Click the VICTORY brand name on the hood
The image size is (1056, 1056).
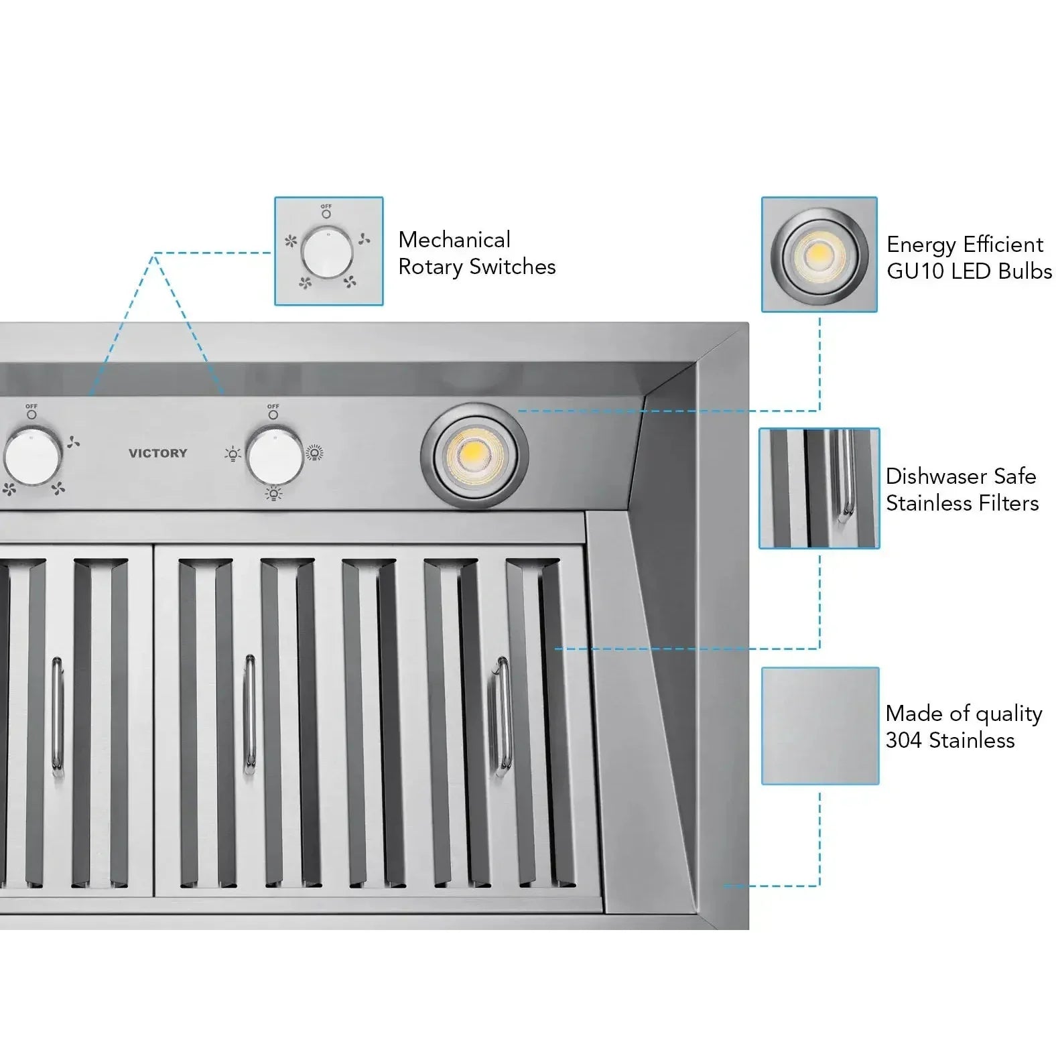click(x=157, y=453)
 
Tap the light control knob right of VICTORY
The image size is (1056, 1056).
click(x=273, y=456)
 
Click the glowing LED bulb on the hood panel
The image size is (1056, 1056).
click(x=474, y=456)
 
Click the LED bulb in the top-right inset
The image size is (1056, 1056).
click(x=819, y=254)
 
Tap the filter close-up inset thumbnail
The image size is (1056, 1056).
click(x=819, y=488)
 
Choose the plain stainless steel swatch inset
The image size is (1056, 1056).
click(x=819, y=725)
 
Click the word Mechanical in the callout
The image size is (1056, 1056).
click(x=454, y=240)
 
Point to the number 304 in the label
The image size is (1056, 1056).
click(x=905, y=740)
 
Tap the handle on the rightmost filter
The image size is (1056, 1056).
click(x=502, y=717)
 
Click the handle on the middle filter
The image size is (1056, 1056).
click(x=249, y=714)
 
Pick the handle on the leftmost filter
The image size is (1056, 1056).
click(x=58, y=718)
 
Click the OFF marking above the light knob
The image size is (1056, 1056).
click(x=273, y=407)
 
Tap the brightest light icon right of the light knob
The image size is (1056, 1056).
click(x=314, y=454)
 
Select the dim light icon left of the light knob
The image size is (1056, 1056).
click(x=233, y=455)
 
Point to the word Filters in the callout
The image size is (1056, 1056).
click(x=1006, y=503)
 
